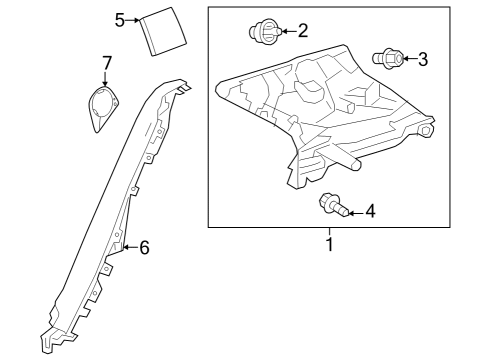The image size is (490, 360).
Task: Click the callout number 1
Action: (327, 242)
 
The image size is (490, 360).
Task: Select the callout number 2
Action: (302, 32)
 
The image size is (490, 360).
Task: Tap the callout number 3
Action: (422, 60)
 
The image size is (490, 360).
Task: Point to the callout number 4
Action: (370, 211)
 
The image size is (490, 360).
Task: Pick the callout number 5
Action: (120, 19)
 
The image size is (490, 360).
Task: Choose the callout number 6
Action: (144, 247)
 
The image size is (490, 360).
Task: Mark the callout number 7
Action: (106, 64)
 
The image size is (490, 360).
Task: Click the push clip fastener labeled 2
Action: (264, 33)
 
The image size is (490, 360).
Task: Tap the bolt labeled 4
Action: (332, 207)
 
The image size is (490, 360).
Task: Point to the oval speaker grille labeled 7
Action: (101, 106)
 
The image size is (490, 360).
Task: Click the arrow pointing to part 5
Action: (134, 20)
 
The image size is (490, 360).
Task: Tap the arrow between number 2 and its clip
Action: (286, 33)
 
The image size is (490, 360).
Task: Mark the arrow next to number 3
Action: (407, 61)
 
